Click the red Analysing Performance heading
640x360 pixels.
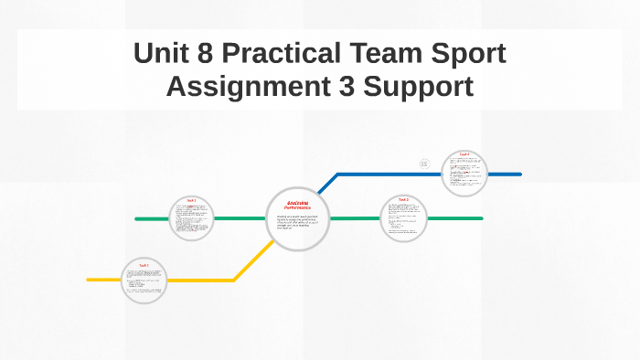[x=298, y=206]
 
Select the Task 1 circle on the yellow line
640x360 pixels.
[x=144, y=281]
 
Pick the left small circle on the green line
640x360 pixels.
[x=191, y=218]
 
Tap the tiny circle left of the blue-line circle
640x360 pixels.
[x=424, y=164]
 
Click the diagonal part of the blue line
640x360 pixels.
[x=326, y=184]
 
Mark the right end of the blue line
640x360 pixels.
[x=519, y=174]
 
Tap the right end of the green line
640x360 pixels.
[x=481, y=218]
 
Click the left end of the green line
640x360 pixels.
[x=137, y=219]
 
